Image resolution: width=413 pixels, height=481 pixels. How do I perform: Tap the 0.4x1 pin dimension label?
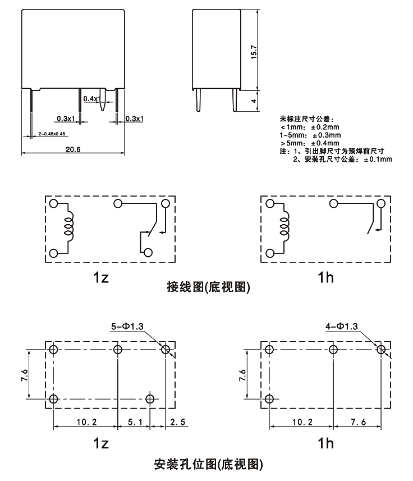[90, 99]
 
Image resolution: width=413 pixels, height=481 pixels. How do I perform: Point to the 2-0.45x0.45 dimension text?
[53, 134]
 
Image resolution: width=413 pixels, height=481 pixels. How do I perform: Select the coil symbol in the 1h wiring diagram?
[284, 226]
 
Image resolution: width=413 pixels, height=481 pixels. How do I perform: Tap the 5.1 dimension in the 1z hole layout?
[134, 421]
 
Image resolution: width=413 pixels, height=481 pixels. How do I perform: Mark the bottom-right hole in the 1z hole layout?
[149, 399]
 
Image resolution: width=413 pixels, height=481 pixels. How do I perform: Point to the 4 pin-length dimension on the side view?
[254, 102]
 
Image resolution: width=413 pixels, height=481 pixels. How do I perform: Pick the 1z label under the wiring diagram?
[101, 276]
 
